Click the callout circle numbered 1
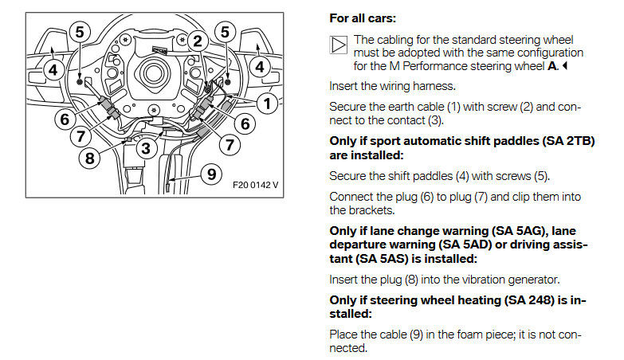click(x=267, y=104)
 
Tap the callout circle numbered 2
click(x=198, y=41)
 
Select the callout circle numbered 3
click(x=146, y=148)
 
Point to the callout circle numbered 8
click(x=89, y=158)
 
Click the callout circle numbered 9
click(x=212, y=174)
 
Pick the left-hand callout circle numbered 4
click(x=53, y=70)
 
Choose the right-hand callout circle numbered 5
click(x=226, y=32)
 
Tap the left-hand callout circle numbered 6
click(x=65, y=119)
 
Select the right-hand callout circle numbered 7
click(x=230, y=145)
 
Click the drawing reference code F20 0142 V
click(x=256, y=185)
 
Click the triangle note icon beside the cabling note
click(x=338, y=45)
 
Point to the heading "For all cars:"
click(x=363, y=18)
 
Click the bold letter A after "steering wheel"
click(x=552, y=66)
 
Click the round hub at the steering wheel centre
click(x=152, y=72)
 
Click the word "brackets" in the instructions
click(x=371, y=210)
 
